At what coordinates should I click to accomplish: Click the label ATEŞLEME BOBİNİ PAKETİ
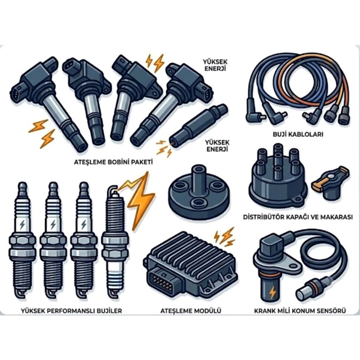coord(113,162)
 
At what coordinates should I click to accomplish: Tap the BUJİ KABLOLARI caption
coord(298,134)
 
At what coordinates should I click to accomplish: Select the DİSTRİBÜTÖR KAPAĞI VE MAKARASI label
coord(298,217)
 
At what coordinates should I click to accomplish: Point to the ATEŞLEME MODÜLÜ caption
coord(190,311)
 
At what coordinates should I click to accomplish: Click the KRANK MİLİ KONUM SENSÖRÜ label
coord(300,311)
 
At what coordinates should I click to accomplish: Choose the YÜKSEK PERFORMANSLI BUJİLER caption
coord(71,311)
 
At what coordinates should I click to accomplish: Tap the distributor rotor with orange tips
coord(330,182)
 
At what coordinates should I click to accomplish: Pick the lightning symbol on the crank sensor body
coord(273,293)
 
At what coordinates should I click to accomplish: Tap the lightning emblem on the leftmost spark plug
coord(22,225)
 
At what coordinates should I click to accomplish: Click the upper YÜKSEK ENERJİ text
coord(215,65)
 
